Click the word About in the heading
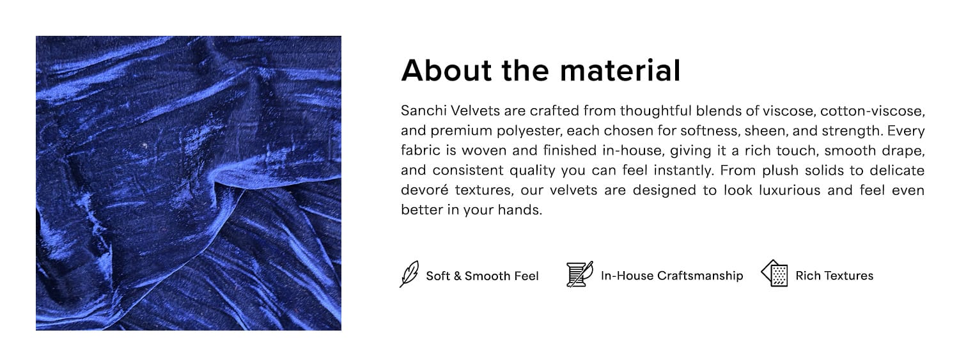pyautogui.click(x=446, y=70)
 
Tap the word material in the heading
pyautogui.click(x=620, y=70)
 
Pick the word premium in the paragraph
pyautogui.click(x=462, y=131)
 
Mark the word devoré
pyautogui.click(x=425, y=190)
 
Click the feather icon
pyautogui.click(x=409, y=274)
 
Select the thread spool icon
pyautogui.click(x=580, y=274)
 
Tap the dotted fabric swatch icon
pyautogui.click(x=775, y=273)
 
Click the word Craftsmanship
pyautogui.click(x=700, y=276)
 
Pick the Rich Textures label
pyautogui.click(x=834, y=276)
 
